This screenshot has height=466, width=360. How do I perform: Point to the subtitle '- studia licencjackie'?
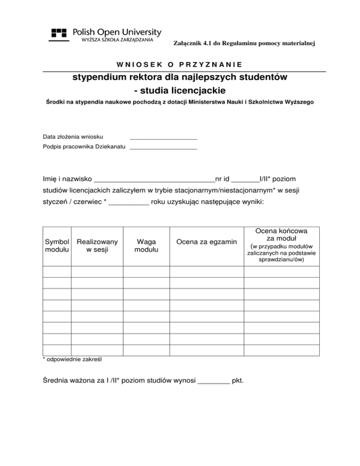[x=180, y=89]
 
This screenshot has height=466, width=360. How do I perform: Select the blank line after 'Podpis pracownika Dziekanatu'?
[x=163, y=149]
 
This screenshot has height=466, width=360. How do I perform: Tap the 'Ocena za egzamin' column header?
[x=206, y=242]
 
